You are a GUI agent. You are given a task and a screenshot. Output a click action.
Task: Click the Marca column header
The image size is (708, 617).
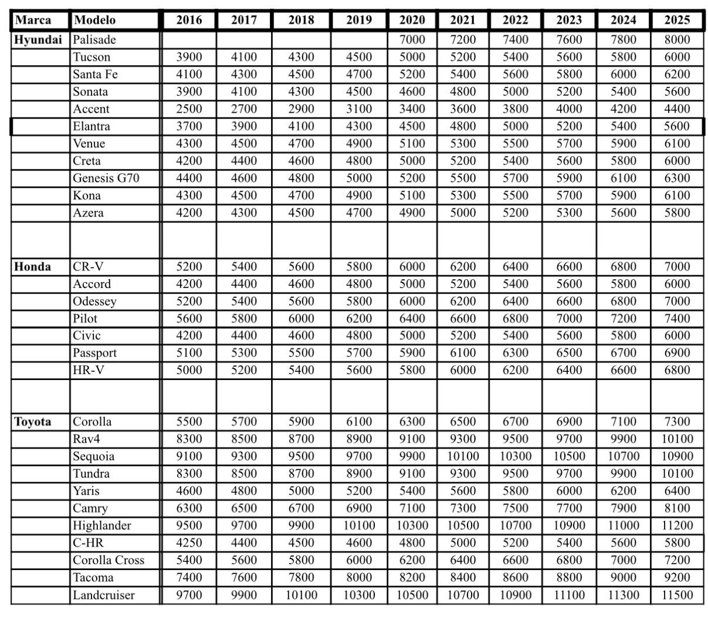33,20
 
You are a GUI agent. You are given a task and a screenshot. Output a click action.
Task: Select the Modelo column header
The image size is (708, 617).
94,20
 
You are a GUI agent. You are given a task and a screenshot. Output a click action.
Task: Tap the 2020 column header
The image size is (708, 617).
412,20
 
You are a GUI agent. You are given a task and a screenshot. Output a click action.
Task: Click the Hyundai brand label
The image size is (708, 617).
38,40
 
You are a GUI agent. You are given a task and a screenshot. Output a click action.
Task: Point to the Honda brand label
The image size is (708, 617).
32,267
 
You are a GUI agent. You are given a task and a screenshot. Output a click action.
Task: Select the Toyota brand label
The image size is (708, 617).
32,422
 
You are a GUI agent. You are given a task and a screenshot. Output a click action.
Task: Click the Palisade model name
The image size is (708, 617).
94,40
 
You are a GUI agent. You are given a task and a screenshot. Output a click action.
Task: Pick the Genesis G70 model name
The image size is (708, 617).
106,178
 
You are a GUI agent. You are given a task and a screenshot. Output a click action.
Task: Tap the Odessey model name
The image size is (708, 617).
94,301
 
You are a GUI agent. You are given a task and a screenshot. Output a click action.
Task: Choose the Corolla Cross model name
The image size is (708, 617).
109,560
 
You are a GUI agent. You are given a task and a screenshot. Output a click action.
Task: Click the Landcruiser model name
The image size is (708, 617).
104,595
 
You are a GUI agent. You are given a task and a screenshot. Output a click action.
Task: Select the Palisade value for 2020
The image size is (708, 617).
412,40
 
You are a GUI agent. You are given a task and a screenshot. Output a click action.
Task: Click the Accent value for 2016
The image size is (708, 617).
189,109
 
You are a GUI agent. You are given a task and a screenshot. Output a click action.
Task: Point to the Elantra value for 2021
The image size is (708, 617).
463,126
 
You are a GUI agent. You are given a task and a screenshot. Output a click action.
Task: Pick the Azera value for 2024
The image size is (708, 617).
623,213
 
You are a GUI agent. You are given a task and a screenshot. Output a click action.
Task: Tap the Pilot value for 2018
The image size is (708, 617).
301,318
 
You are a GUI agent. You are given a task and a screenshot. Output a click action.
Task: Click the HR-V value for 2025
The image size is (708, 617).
677,370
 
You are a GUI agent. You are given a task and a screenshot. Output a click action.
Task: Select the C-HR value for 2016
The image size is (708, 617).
189,543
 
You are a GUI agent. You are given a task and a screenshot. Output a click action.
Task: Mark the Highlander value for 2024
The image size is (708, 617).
623,526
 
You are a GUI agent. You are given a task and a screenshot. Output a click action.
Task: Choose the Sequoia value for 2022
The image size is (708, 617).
515,456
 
